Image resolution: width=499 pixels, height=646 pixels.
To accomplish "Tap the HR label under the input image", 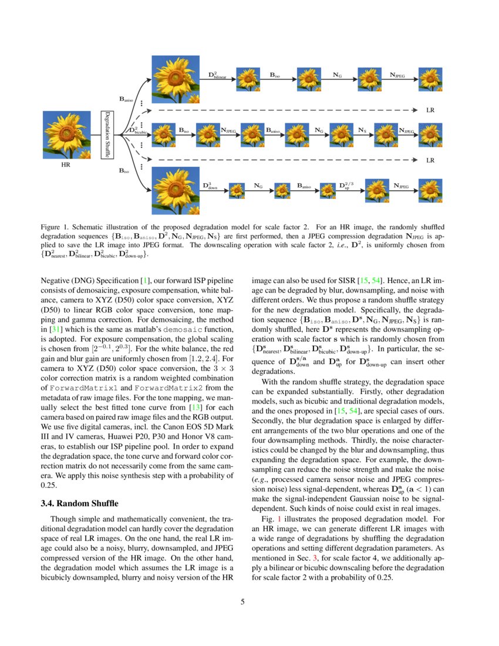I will click(66, 166).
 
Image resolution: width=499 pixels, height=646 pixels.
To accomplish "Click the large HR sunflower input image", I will click(66, 136).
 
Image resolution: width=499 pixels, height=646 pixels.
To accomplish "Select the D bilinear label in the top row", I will click(217, 75).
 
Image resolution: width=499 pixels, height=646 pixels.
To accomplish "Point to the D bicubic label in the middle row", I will click(139, 130).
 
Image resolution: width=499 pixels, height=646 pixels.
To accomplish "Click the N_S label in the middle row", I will click(362, 129).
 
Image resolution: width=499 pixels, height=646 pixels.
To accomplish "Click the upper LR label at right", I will click(430, 110).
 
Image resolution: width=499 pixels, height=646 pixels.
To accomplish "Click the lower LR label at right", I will click(430, 160).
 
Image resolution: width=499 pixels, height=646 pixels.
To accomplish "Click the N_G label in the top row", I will click(338, 75).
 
